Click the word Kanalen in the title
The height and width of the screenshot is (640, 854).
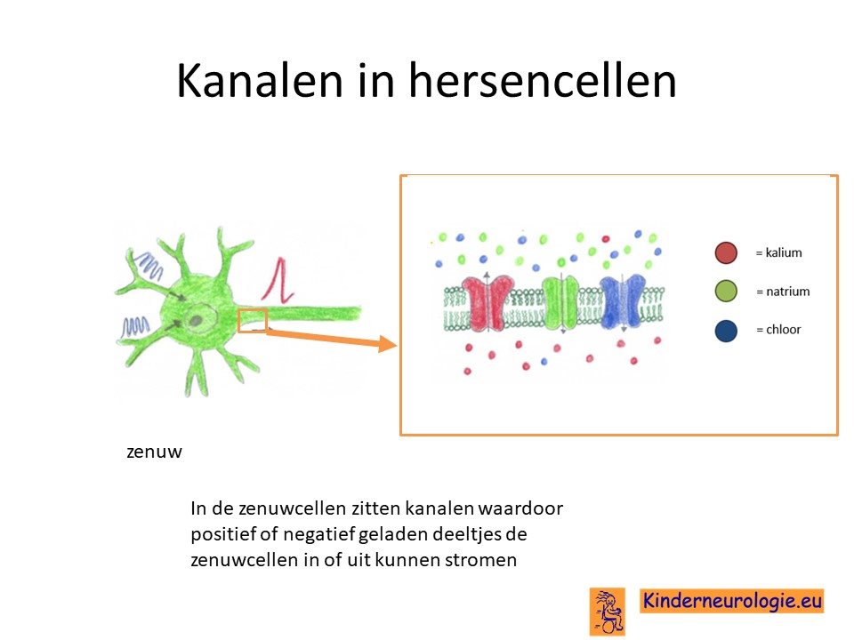tap(259, 81)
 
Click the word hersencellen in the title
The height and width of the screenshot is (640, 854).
tap(543, 81)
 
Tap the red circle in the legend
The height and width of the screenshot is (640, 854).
tap(726, 253)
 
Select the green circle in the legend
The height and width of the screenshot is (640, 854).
tap(726, 292)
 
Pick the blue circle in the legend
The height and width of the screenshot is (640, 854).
tap(726, 331)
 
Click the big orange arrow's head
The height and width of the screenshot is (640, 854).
tap(387, 344)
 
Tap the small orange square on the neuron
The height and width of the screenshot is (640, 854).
tap(252, 321)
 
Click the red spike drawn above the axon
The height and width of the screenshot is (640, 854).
tap(278, 280)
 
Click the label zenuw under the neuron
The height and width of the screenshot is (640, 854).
tap(154, 452)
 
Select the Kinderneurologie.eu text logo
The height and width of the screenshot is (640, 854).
tap(731, 601)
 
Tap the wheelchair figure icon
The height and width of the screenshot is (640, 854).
tap(608, 612)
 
